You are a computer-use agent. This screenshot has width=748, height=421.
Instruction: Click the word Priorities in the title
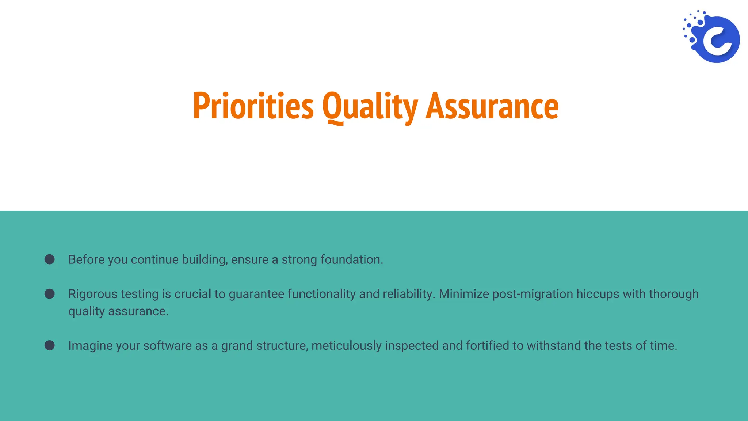click(253, 106)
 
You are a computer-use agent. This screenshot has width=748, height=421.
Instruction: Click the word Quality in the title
click(370, 106)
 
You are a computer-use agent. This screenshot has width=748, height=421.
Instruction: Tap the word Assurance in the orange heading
click(492, 106)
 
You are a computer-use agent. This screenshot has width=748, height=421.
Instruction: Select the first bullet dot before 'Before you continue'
click(50, 259)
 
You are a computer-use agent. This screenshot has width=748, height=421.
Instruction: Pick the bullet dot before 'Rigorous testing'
click(50, 294)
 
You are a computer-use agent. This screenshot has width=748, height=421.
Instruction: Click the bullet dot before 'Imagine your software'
click(50, 345)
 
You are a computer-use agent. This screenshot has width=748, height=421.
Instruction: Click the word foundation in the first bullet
click(351, 259)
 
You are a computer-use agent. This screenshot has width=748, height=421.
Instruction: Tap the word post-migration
click(533, 294)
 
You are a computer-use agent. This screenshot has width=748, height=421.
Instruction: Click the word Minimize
click(463, 294)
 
